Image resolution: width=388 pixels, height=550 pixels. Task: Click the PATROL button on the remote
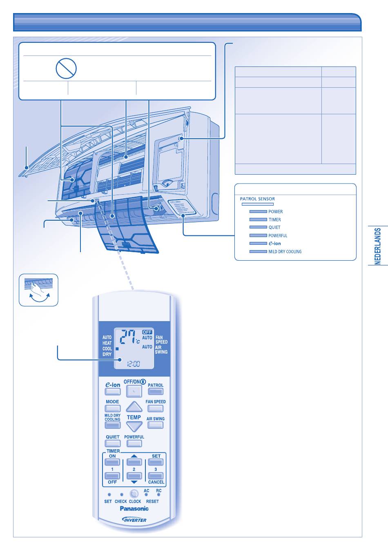point(156,391)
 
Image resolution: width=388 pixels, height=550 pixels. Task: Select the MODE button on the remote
point(113,408)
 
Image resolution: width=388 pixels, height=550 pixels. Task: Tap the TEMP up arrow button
point(134,407)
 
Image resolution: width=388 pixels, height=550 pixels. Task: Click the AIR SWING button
point(156,425)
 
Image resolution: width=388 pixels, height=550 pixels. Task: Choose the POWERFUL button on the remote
point(134,444)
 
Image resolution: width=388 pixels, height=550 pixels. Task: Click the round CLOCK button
point(134,494)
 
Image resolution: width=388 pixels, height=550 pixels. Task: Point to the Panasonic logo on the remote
point(134,509)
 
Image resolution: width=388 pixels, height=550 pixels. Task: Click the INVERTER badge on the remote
point(134,520)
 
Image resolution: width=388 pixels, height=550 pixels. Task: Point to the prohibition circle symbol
point(66,68)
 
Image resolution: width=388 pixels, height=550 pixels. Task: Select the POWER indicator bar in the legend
point(258,212)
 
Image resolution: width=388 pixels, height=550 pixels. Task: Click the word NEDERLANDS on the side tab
point(378,246)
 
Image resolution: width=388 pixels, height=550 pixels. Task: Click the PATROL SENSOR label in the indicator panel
point(257,199)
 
